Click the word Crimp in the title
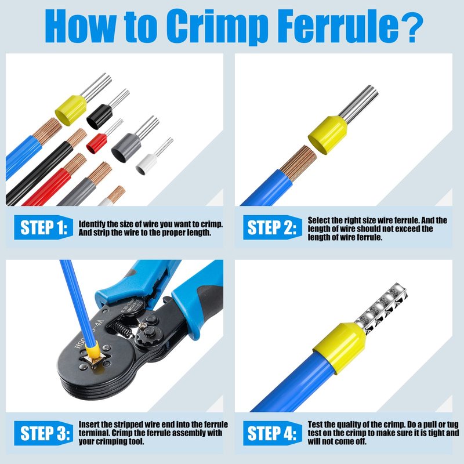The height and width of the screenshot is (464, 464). pos(217,26)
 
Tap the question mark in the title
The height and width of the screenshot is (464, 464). pos(411,27)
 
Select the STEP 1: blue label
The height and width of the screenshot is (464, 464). pos(43,227)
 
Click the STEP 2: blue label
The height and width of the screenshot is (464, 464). pos(273,227)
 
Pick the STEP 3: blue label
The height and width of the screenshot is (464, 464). pos(43,433)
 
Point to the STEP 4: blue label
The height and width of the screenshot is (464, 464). pos(273,433)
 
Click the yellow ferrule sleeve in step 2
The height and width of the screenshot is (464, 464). pos(328,135)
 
